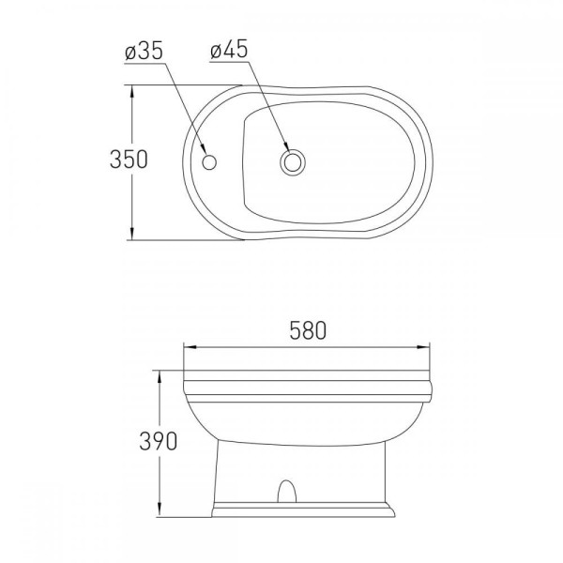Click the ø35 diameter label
[144, 51]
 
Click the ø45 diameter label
[230, 49]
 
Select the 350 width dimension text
[129, 160]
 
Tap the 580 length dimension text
[308, 330]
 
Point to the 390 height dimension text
[158, 441]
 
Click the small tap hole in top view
[209, 162]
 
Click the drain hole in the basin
[293, 162]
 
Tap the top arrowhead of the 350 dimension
[132, 91]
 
